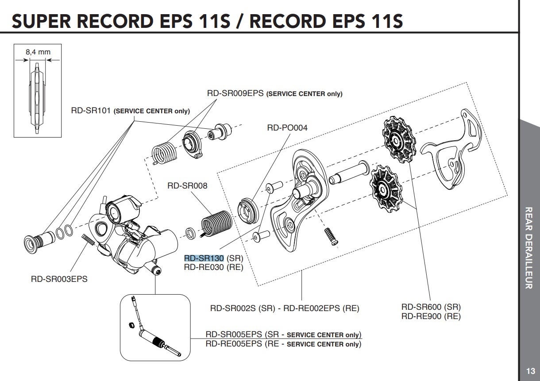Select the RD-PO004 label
point(287,128)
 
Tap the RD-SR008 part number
point(187,186)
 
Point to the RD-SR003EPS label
point(59,279)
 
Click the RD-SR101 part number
point(91,111)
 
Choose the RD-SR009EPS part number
point(235,93)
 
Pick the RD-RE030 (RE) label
point(213,267)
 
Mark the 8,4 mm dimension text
point(38,52)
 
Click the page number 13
point(530,371)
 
